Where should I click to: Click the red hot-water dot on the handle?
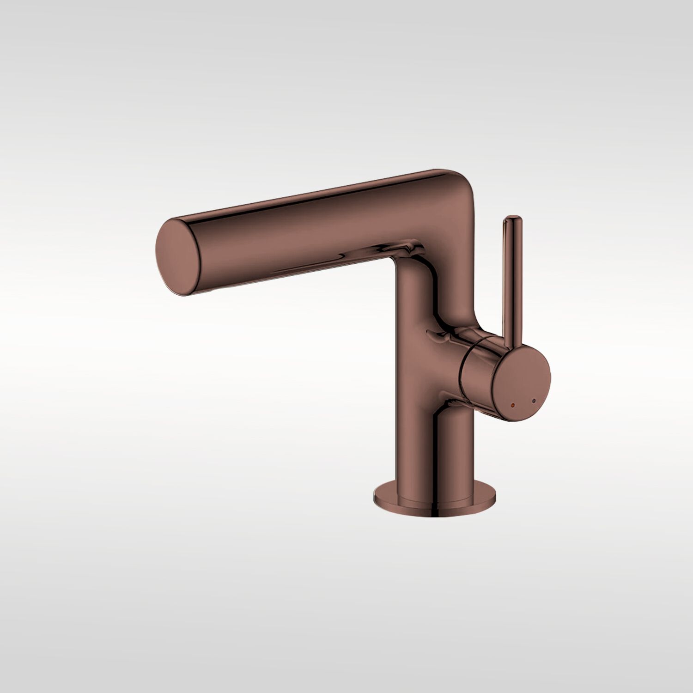point(511,404)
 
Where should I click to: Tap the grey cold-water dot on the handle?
point(535,401)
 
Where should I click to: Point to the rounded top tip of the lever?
point(512,219)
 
